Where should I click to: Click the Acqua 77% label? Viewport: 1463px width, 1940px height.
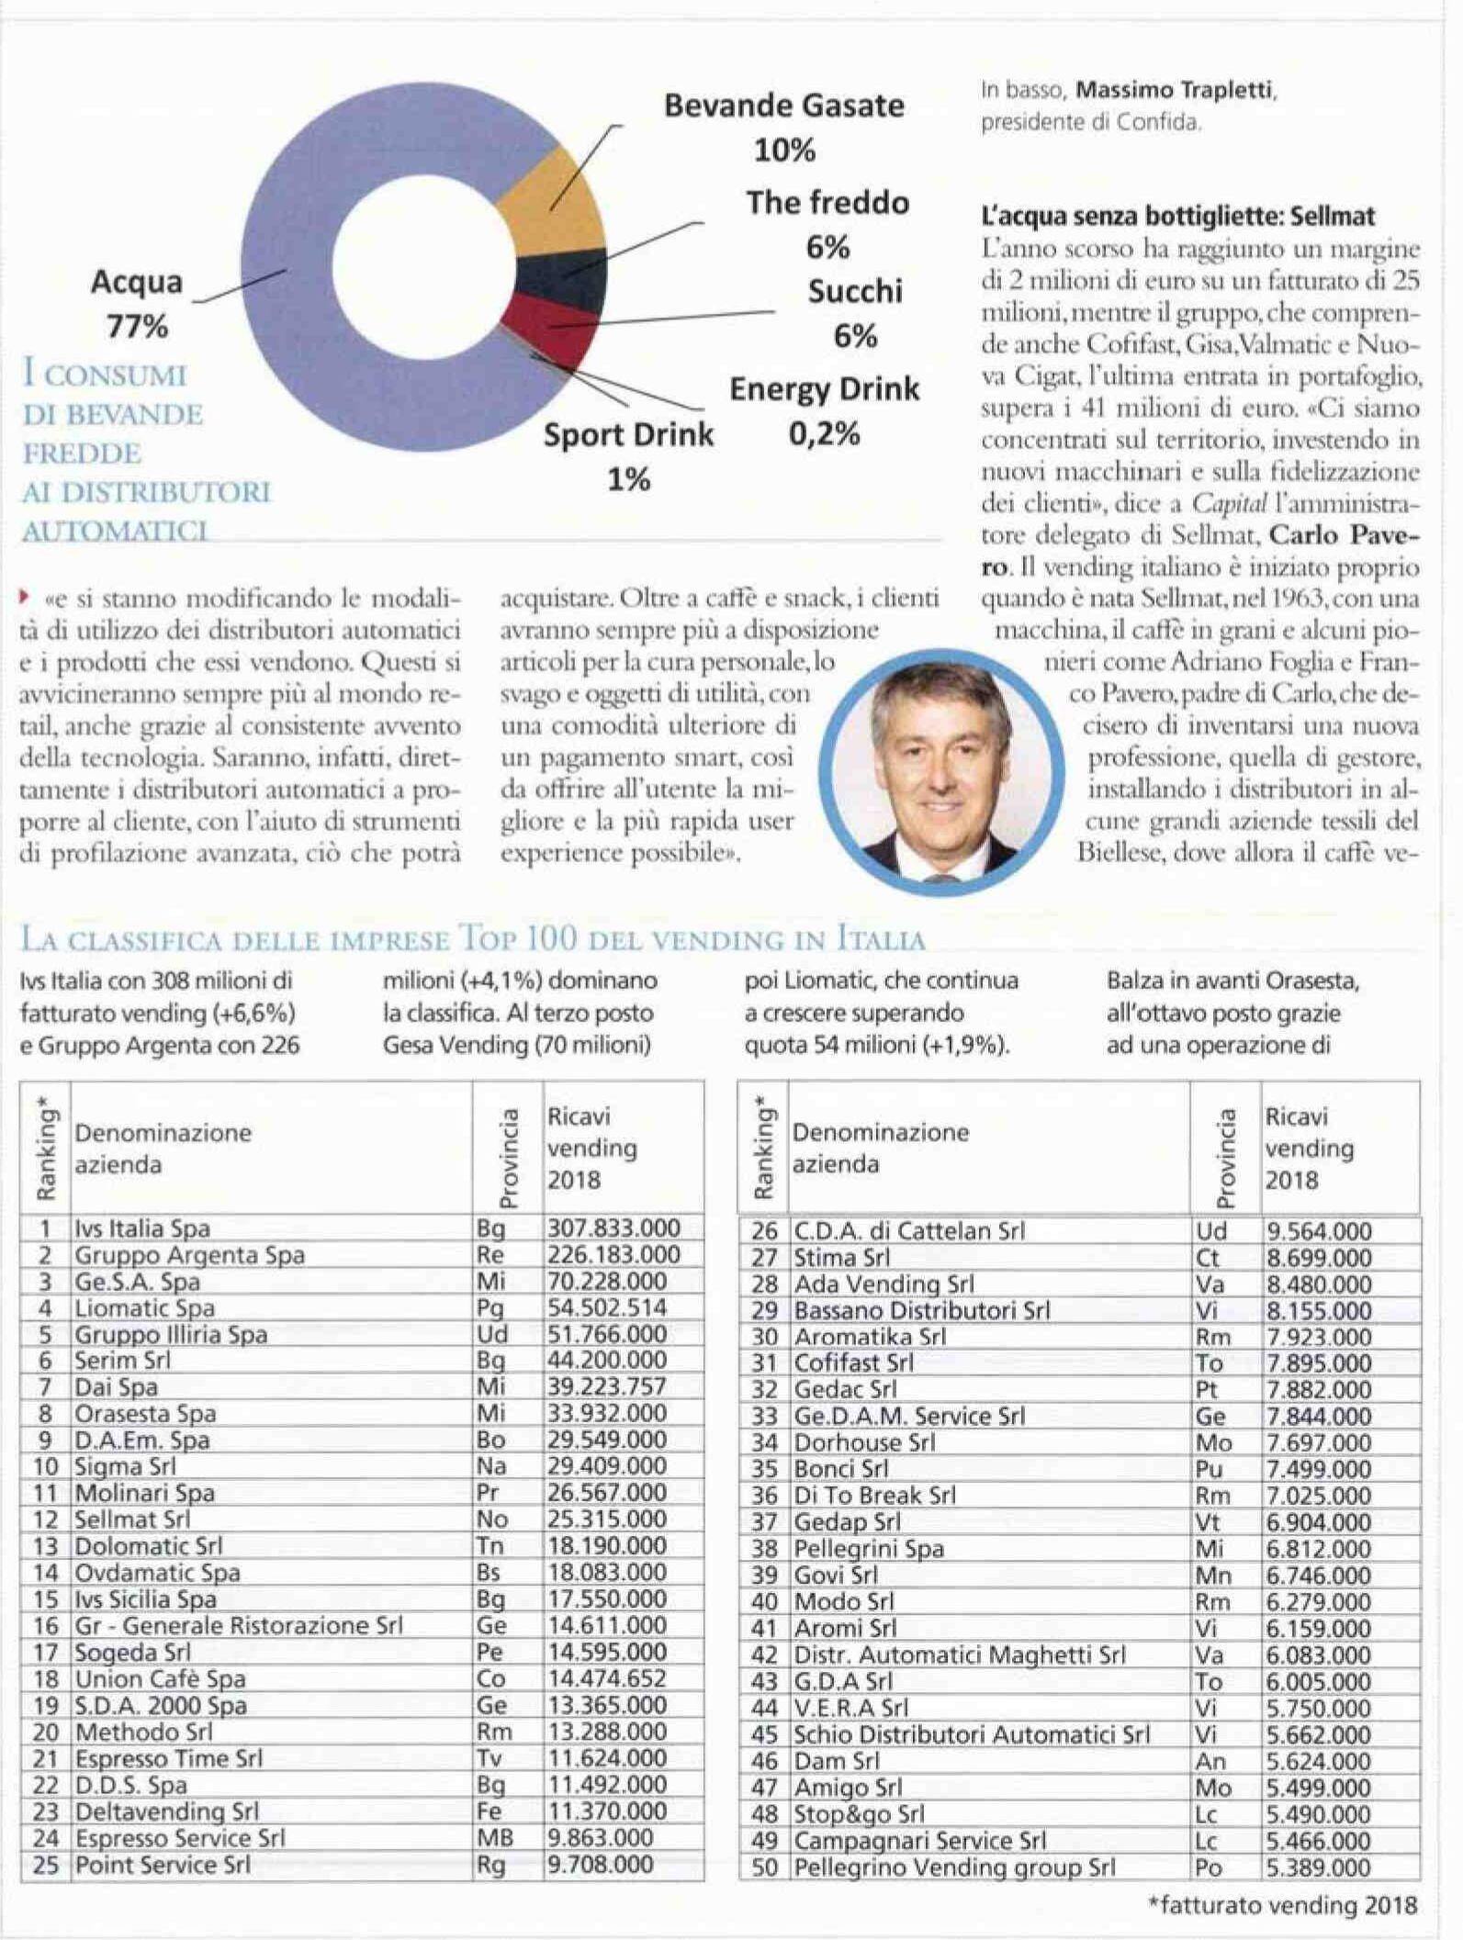(137, 303)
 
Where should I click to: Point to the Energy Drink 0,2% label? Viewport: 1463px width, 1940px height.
(824, 410)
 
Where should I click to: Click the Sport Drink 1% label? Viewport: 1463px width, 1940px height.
(628, 455)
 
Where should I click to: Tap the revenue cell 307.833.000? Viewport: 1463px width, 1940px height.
(613, 1228)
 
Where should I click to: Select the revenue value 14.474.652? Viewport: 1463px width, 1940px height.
(607, 1678)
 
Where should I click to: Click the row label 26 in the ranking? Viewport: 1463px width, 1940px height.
(764, 1230)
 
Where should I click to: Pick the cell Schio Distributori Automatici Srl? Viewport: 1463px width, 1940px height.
(972, 1733)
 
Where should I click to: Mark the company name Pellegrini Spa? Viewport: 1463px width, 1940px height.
(869, 1548)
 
